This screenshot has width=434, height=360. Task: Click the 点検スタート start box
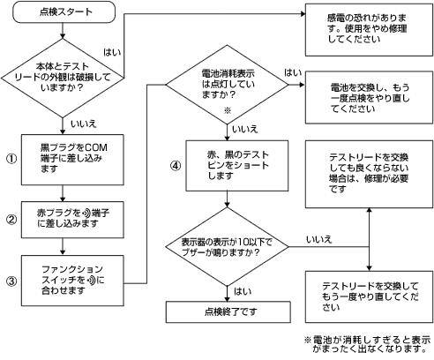click(64, 12)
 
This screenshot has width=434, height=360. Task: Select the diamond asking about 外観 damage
click(63, 78)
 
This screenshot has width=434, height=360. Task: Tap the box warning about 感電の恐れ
click(369, 30)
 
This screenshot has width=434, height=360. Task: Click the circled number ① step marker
click(11, 159)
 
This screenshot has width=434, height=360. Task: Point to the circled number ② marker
click(11, 220)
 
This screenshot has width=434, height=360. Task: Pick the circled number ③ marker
click(11, 281)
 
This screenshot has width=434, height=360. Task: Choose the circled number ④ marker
click(176, 166)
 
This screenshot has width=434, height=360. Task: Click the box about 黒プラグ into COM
click(72, 160)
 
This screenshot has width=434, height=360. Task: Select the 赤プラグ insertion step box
click(72, 220)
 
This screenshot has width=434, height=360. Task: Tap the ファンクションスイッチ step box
click(72, 281)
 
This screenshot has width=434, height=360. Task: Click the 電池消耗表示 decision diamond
click(228, 85)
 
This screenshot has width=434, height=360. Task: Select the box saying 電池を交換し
click(369, 97)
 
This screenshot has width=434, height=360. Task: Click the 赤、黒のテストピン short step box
click(237, 166)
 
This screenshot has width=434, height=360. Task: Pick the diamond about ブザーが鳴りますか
click(228, 246)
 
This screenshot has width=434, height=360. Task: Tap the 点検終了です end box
click(228, 311)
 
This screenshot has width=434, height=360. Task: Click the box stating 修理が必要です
click(369, 174)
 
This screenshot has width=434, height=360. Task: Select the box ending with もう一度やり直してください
click(369, 296)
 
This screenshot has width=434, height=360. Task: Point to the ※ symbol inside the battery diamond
click(228, 110)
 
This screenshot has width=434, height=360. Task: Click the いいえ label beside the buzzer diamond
click(318, 239)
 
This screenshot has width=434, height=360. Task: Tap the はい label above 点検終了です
click(243, 291)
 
